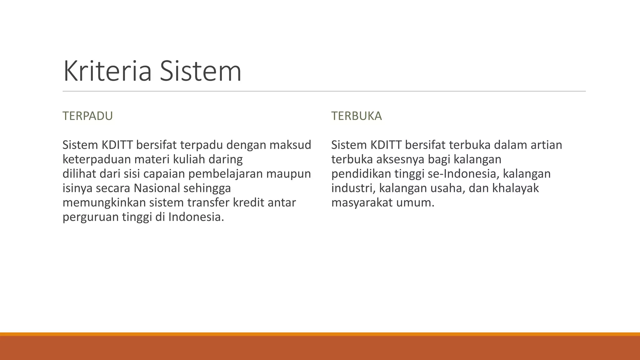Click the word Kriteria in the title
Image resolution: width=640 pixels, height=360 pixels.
click(107, 71)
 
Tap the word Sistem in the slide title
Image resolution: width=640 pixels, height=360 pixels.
click(200, 71)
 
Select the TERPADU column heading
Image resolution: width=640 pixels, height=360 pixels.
click(87, 116)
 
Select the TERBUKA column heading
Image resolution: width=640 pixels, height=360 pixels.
click(357, 116)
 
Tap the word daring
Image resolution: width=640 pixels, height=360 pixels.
click(226, 159)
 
